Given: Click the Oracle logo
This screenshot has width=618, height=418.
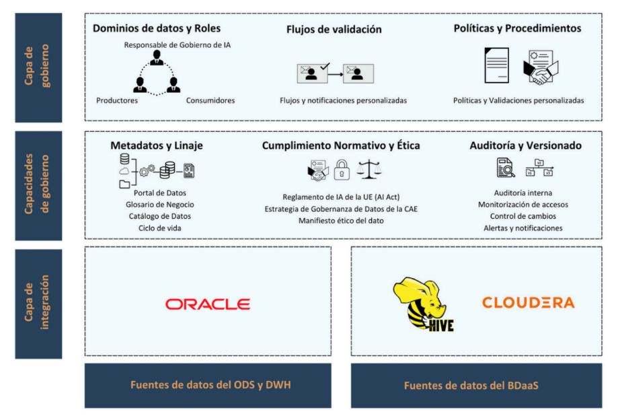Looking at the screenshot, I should pos(208,304).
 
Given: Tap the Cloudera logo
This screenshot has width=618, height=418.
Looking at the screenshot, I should pos(528,303).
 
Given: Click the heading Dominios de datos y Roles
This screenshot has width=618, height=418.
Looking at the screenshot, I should pos(157,28).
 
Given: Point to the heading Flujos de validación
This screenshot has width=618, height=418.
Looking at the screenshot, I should pos(334,30).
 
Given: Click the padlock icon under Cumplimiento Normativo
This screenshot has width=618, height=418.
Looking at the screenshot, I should pos(342,168).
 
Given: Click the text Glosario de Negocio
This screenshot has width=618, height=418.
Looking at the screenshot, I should pos(159,204).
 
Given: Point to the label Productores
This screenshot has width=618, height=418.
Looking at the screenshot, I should pos(117,100).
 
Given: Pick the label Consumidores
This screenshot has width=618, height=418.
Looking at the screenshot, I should pos(210,100).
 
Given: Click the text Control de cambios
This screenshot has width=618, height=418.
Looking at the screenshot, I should pos(523,216).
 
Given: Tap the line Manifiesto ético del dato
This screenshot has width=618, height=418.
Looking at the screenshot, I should pos(341,221).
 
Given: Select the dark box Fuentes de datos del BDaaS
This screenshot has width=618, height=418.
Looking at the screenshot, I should pos(476,386).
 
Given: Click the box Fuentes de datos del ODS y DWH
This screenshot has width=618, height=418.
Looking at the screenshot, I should pos(208,386).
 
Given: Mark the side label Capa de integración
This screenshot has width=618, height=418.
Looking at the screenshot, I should pos(38,304).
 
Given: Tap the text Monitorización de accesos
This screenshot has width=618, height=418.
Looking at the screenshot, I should pos(523,205).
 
